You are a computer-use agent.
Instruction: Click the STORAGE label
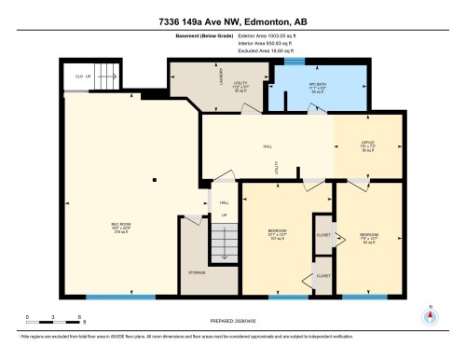[197, 272]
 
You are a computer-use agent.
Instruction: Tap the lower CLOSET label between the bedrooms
[324, 276]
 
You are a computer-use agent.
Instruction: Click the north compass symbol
[430, 315]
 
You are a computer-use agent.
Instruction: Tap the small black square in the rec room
[155, 179]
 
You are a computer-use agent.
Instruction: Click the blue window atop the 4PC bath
[295, 62]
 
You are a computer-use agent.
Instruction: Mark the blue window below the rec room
[120, 297]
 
